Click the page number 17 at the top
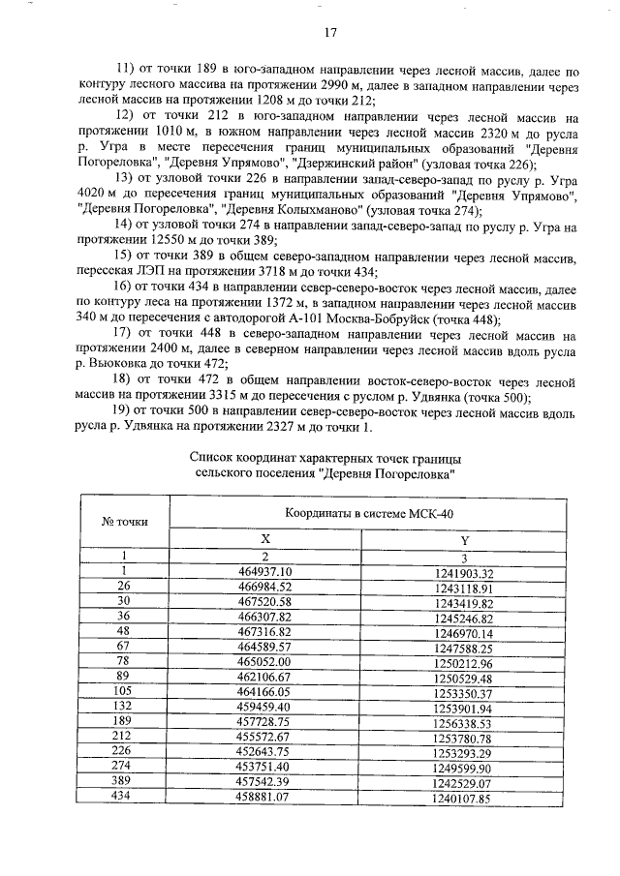click(329, 33)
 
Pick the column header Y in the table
click(464, 540)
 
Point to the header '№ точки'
click(125, 522)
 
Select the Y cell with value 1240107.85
click(464, 799)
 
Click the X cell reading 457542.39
click(264, 783)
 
